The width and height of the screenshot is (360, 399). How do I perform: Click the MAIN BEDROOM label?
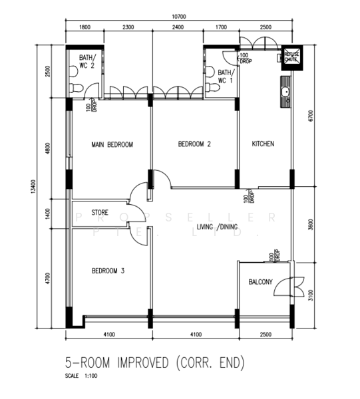point(112,144)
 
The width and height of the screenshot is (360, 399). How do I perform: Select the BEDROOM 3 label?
point(108,271)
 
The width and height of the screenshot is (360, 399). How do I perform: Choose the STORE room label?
point(100,213)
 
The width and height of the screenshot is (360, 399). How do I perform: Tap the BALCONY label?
point(261,282)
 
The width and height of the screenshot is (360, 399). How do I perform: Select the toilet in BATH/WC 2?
point(77,87)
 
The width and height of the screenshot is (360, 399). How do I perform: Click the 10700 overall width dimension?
point(178,17)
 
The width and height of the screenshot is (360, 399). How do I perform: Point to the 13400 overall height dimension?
point(33,188)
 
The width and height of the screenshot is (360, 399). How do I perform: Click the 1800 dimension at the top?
point(85,27)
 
